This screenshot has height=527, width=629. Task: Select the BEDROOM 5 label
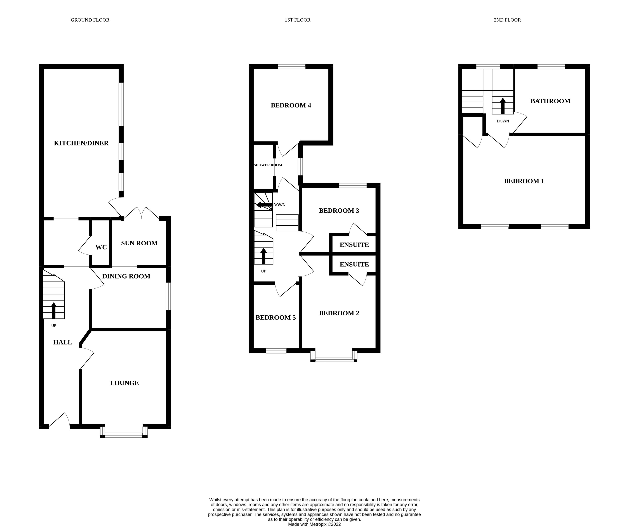[275, 317]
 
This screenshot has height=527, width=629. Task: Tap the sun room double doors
[141, 213]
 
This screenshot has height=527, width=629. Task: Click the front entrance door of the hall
[59, 420]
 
